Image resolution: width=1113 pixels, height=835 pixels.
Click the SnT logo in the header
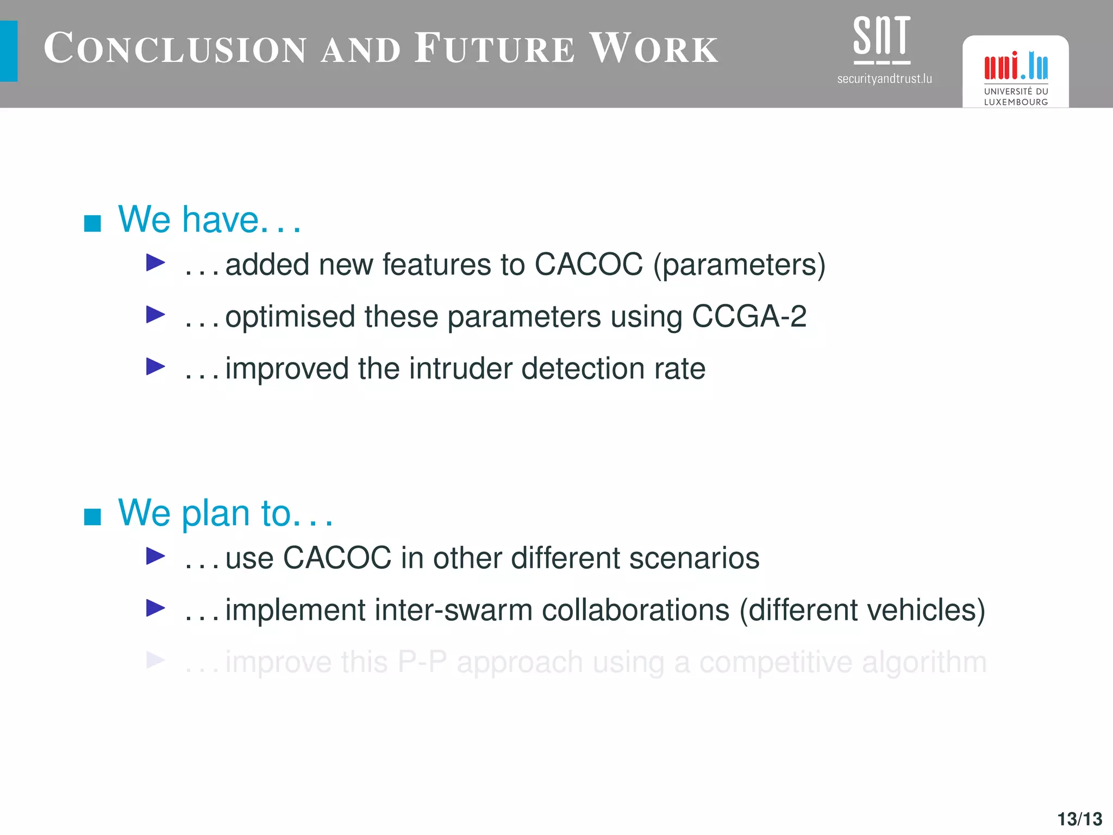881,39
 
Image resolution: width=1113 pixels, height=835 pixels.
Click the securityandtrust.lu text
884,79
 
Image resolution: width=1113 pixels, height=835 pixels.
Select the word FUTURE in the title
494,49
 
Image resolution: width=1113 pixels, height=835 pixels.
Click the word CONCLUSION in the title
175,49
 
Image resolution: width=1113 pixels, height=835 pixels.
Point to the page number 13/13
1079,819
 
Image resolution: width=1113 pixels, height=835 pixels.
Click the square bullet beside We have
92,223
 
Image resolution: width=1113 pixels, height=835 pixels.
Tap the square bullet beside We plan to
92,516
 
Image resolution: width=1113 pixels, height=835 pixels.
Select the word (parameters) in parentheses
739,265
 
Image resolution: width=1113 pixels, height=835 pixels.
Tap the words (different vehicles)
862,610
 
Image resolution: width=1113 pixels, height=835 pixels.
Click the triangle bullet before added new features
155,263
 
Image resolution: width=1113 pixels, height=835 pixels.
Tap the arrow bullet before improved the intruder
155,367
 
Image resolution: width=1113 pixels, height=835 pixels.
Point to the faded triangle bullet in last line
155,660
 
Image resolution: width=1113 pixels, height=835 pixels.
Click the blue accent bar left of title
9,51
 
